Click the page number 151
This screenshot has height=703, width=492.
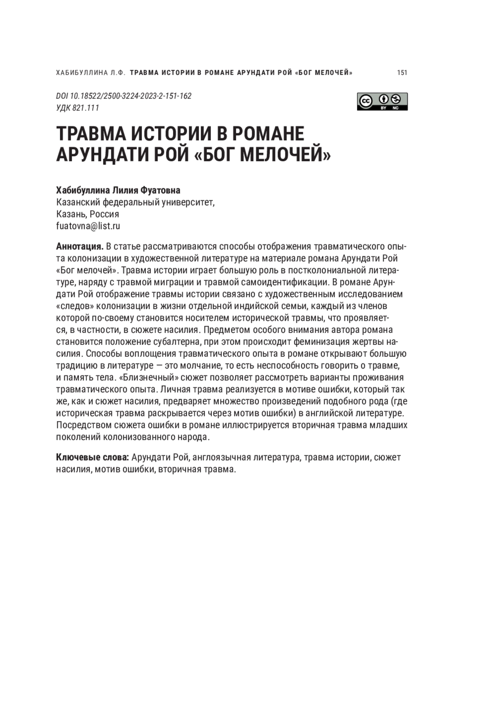[402, 73]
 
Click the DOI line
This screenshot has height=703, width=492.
[123, 96]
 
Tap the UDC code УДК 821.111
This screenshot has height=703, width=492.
[77, 108]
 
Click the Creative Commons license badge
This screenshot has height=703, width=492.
[382, 101]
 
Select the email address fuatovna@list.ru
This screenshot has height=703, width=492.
[88, 226]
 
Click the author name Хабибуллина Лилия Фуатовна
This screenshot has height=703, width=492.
[118, 190]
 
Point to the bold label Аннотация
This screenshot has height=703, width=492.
[80, 247]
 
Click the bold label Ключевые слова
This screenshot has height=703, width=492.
[93, 457]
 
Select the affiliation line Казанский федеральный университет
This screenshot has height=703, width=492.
[135, 202]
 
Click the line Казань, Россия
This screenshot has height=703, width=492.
[87, 214]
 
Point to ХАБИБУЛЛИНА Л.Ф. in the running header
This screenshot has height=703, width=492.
[90, 73]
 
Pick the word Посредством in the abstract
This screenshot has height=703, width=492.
[80, 425]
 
